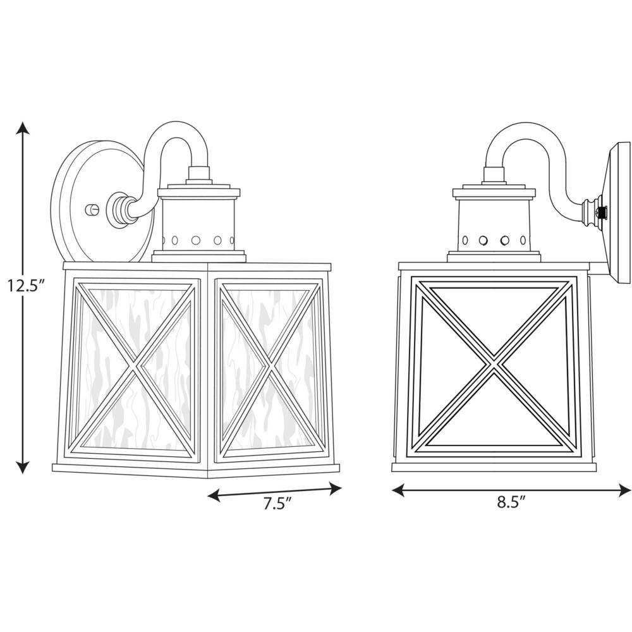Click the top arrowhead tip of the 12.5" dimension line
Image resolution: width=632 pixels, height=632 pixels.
(x=23, y=122)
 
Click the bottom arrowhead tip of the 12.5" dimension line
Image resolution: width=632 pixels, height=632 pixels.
(x=23, y=474)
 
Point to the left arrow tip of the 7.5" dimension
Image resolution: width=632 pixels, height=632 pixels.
(x=207, y=495)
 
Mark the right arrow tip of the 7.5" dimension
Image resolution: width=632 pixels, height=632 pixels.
(x=342, y=489)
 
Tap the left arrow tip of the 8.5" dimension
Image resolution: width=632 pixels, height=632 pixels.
(x=392, y=490)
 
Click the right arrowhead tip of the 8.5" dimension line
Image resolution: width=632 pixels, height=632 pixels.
(x=631, y=490)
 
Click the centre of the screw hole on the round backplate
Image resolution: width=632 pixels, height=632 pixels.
(x=92, y=210)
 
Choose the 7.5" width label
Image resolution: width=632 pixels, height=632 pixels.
(x=277, y=504)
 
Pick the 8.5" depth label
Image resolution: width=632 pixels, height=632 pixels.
(x=511, y=502)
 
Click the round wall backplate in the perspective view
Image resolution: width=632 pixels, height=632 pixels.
(x=103, y=202)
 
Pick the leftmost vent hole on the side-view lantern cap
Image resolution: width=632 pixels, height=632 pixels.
(x=465, y=240)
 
